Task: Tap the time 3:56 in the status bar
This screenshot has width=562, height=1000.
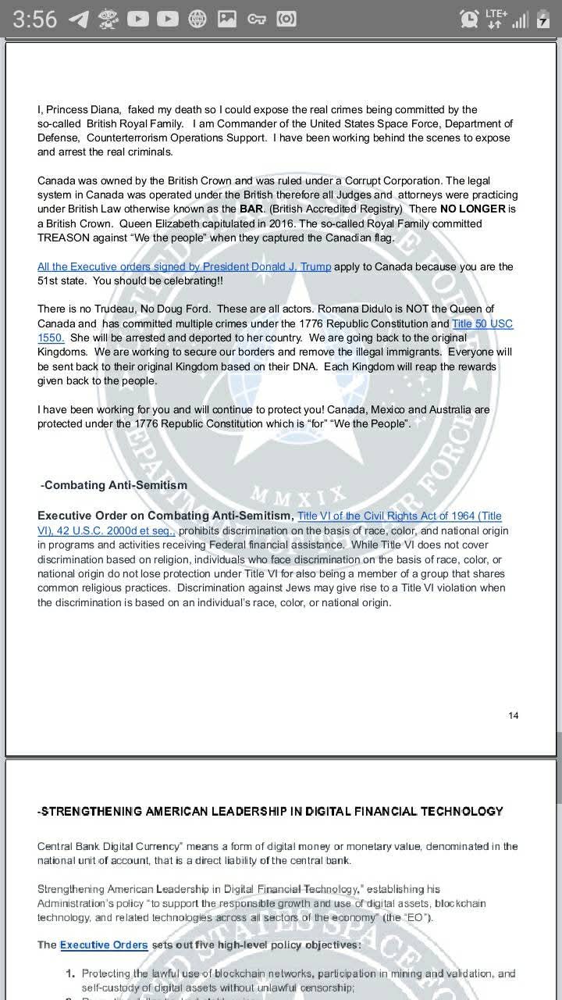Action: [34, 19]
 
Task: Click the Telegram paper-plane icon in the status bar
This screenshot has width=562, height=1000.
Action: [78, 19]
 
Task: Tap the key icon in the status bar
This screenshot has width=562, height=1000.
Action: [257, 19]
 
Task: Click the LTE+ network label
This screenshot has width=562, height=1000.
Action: [496, 13]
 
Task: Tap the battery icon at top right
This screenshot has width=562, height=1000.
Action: [543, 20]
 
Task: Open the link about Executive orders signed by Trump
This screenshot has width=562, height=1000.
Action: [184, 266]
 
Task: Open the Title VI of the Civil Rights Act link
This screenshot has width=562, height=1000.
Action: [400, 516]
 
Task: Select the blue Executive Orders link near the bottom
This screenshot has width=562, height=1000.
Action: [104, 945]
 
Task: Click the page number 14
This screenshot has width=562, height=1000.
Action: [513, 716]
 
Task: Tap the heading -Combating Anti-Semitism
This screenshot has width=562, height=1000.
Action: [114, 485]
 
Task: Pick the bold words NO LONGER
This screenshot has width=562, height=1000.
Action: [468, 209]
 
